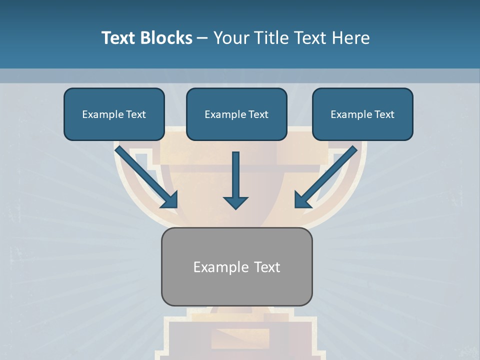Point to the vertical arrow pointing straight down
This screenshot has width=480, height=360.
[x=235, y=175]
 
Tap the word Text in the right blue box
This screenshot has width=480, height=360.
[x=384, y=114]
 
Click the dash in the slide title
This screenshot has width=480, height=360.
[x=202, y=38]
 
